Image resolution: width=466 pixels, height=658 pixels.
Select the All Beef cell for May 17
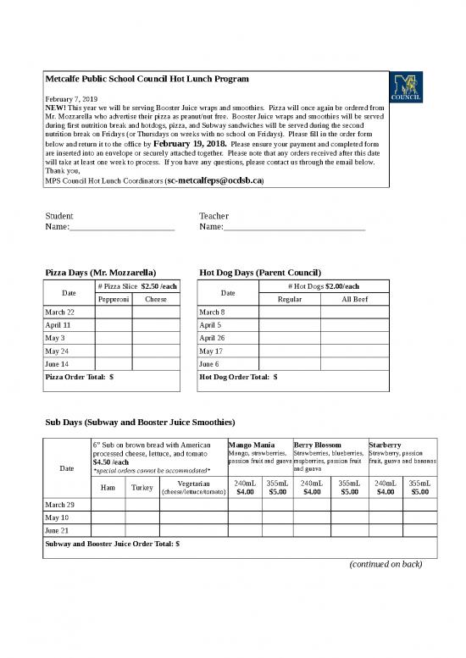click(354, 351)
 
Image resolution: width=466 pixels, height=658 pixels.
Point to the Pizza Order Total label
click(79, 377)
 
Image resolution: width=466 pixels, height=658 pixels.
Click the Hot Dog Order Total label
click(238, 377)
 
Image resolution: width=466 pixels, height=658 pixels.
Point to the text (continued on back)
click(386, 564)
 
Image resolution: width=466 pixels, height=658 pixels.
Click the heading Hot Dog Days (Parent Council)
click(260, 273)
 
